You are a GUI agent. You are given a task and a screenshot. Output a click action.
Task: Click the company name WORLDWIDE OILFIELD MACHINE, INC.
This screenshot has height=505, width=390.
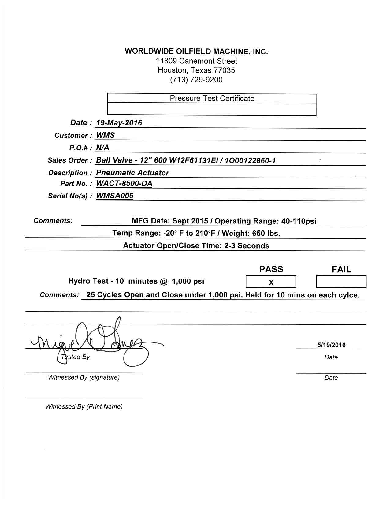196,51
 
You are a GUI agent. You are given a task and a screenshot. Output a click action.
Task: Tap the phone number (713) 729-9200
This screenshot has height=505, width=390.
196,80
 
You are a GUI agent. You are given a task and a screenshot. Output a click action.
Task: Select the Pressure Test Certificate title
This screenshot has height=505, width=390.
212,99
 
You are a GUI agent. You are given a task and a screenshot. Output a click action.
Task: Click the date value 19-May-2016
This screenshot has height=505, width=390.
119,123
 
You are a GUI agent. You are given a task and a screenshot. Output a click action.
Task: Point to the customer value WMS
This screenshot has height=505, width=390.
106,135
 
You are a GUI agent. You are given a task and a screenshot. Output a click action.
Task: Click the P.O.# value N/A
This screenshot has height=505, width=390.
102,148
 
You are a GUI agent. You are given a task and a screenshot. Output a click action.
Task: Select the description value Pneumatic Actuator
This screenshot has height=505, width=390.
132,173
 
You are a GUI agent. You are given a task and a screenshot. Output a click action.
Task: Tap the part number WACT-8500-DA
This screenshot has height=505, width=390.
124,184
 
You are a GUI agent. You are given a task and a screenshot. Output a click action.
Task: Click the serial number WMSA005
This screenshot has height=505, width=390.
115,196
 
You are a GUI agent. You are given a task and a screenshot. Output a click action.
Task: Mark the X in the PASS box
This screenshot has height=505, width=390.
271,282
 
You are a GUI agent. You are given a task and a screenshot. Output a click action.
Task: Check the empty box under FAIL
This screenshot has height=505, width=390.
341,282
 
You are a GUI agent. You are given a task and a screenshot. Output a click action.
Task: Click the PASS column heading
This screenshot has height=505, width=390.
271,269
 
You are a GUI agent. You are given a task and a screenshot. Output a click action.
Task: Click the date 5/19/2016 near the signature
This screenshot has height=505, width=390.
331,345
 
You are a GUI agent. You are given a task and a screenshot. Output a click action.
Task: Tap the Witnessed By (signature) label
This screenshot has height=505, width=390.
84,377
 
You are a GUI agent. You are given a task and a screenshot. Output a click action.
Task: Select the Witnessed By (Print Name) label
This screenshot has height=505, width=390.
84,407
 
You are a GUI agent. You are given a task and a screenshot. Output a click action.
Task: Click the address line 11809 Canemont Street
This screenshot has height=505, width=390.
196,61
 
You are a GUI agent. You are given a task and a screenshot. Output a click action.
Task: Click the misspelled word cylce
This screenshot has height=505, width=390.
349,295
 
